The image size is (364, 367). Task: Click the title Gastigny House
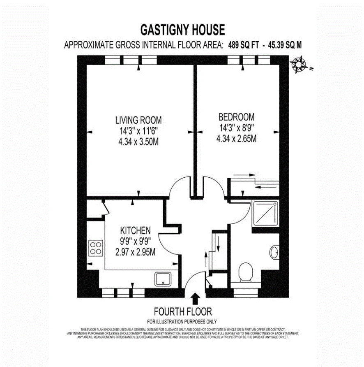[x=182, y=30]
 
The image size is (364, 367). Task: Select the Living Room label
[x=138, y=120]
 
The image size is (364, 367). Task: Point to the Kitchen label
[x=135, y=230]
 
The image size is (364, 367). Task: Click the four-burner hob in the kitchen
[x=96, y=248]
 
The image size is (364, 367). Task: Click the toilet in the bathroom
[x=246, y=272]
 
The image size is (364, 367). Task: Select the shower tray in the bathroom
[x=265, y=212]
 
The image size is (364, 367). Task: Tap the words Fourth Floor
[x=182, y=311]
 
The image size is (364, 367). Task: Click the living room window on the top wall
[x=131, y=60]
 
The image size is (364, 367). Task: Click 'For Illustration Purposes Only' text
[x=182, y=322]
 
